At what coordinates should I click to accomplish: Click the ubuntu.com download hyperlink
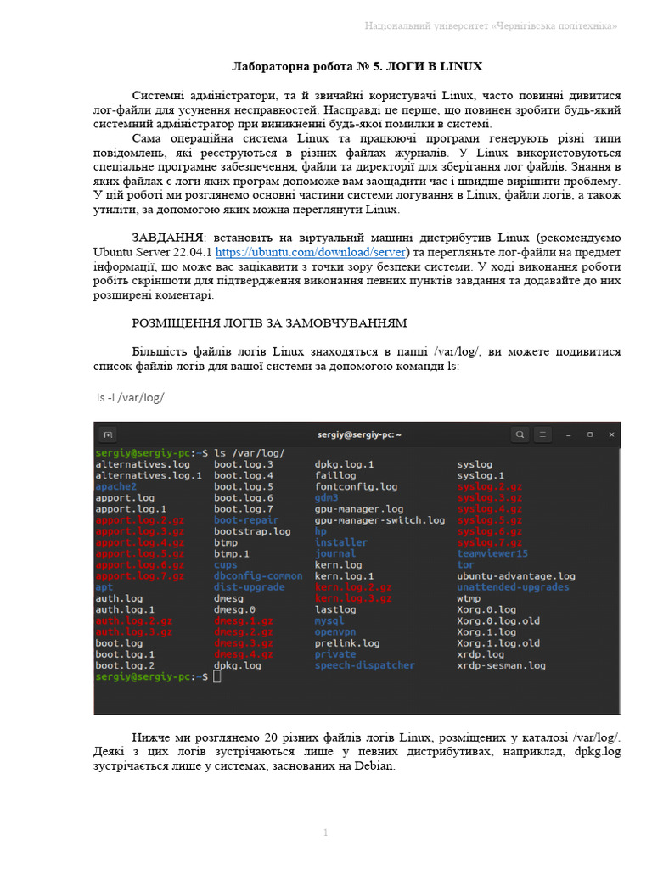coord(312,252)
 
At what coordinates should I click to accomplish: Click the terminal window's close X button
coord(610,434)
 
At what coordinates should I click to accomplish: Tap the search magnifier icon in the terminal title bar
coord(520,434)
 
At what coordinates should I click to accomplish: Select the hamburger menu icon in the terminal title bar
coord(543,434)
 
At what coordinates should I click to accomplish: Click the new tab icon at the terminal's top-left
coord(108,434)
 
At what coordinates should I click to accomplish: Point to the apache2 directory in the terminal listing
coord(116,487)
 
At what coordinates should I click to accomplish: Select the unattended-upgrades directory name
coord(513,586)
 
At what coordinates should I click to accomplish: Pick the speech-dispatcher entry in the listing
coord(364,665)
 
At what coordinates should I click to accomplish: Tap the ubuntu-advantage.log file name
coord(515,575)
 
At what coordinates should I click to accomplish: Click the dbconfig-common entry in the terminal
coord(258,575)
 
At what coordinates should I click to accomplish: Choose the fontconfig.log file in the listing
coord(356,487)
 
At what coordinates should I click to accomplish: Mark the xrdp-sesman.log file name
coord(501,665)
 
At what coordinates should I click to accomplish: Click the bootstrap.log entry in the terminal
coord(252,531)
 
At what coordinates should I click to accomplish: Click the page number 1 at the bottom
coord(325,833)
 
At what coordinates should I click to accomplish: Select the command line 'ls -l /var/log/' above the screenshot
coord(130,397)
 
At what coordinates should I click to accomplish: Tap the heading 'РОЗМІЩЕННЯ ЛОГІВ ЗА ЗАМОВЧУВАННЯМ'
coord(269,322)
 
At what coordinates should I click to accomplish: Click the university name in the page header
coord(491,26)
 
